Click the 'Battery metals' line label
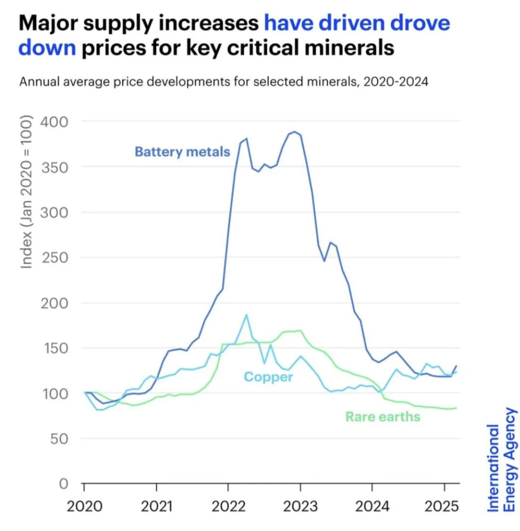pyautogui.click(x=182, y=152)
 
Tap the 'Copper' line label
pyautogui.click(x=268, y=377)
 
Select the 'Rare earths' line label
pyautogui.click(x=382, y=416)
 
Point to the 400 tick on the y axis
pyautogui.click(x=56, y=122)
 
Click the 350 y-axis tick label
pyautogui.click(x=56, y=167)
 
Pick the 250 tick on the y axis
pyautogui.click(x=56, y=257)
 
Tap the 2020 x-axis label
pyautogui.click(x=84, y=507)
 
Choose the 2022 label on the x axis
pyautogui.click(x=228, y=507)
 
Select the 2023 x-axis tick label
pyautogui.click(x=300, y=507)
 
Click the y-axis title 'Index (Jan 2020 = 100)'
pyautogui.click(x=27, y=194)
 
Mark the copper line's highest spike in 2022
pyautogui.click(x=246, y=315)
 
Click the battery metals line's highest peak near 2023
pyautogui.click(x=294, y=132)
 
